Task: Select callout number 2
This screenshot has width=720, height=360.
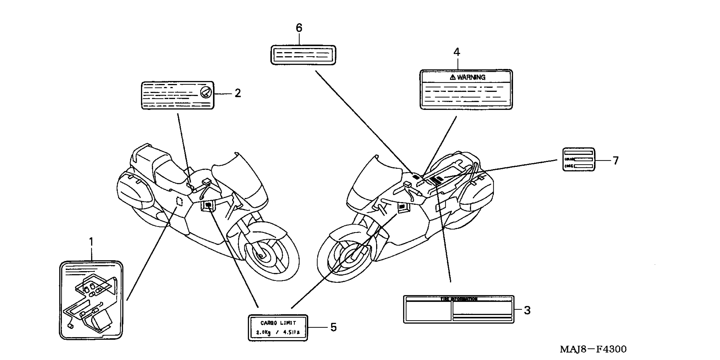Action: point(238,93)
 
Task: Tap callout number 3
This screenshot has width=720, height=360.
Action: point(527,310)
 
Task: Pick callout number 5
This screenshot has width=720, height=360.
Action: point(334,327)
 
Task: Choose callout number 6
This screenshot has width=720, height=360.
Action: point(299,28)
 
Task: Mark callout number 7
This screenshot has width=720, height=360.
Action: point(616,161)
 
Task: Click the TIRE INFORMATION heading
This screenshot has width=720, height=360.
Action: point(459,299)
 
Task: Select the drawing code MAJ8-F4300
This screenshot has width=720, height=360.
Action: point(593,349)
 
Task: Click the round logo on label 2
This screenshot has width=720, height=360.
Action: point(206,92)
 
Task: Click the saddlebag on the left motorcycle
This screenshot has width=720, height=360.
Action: point(134,190)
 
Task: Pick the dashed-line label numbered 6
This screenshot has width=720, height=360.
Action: point(303,55)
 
